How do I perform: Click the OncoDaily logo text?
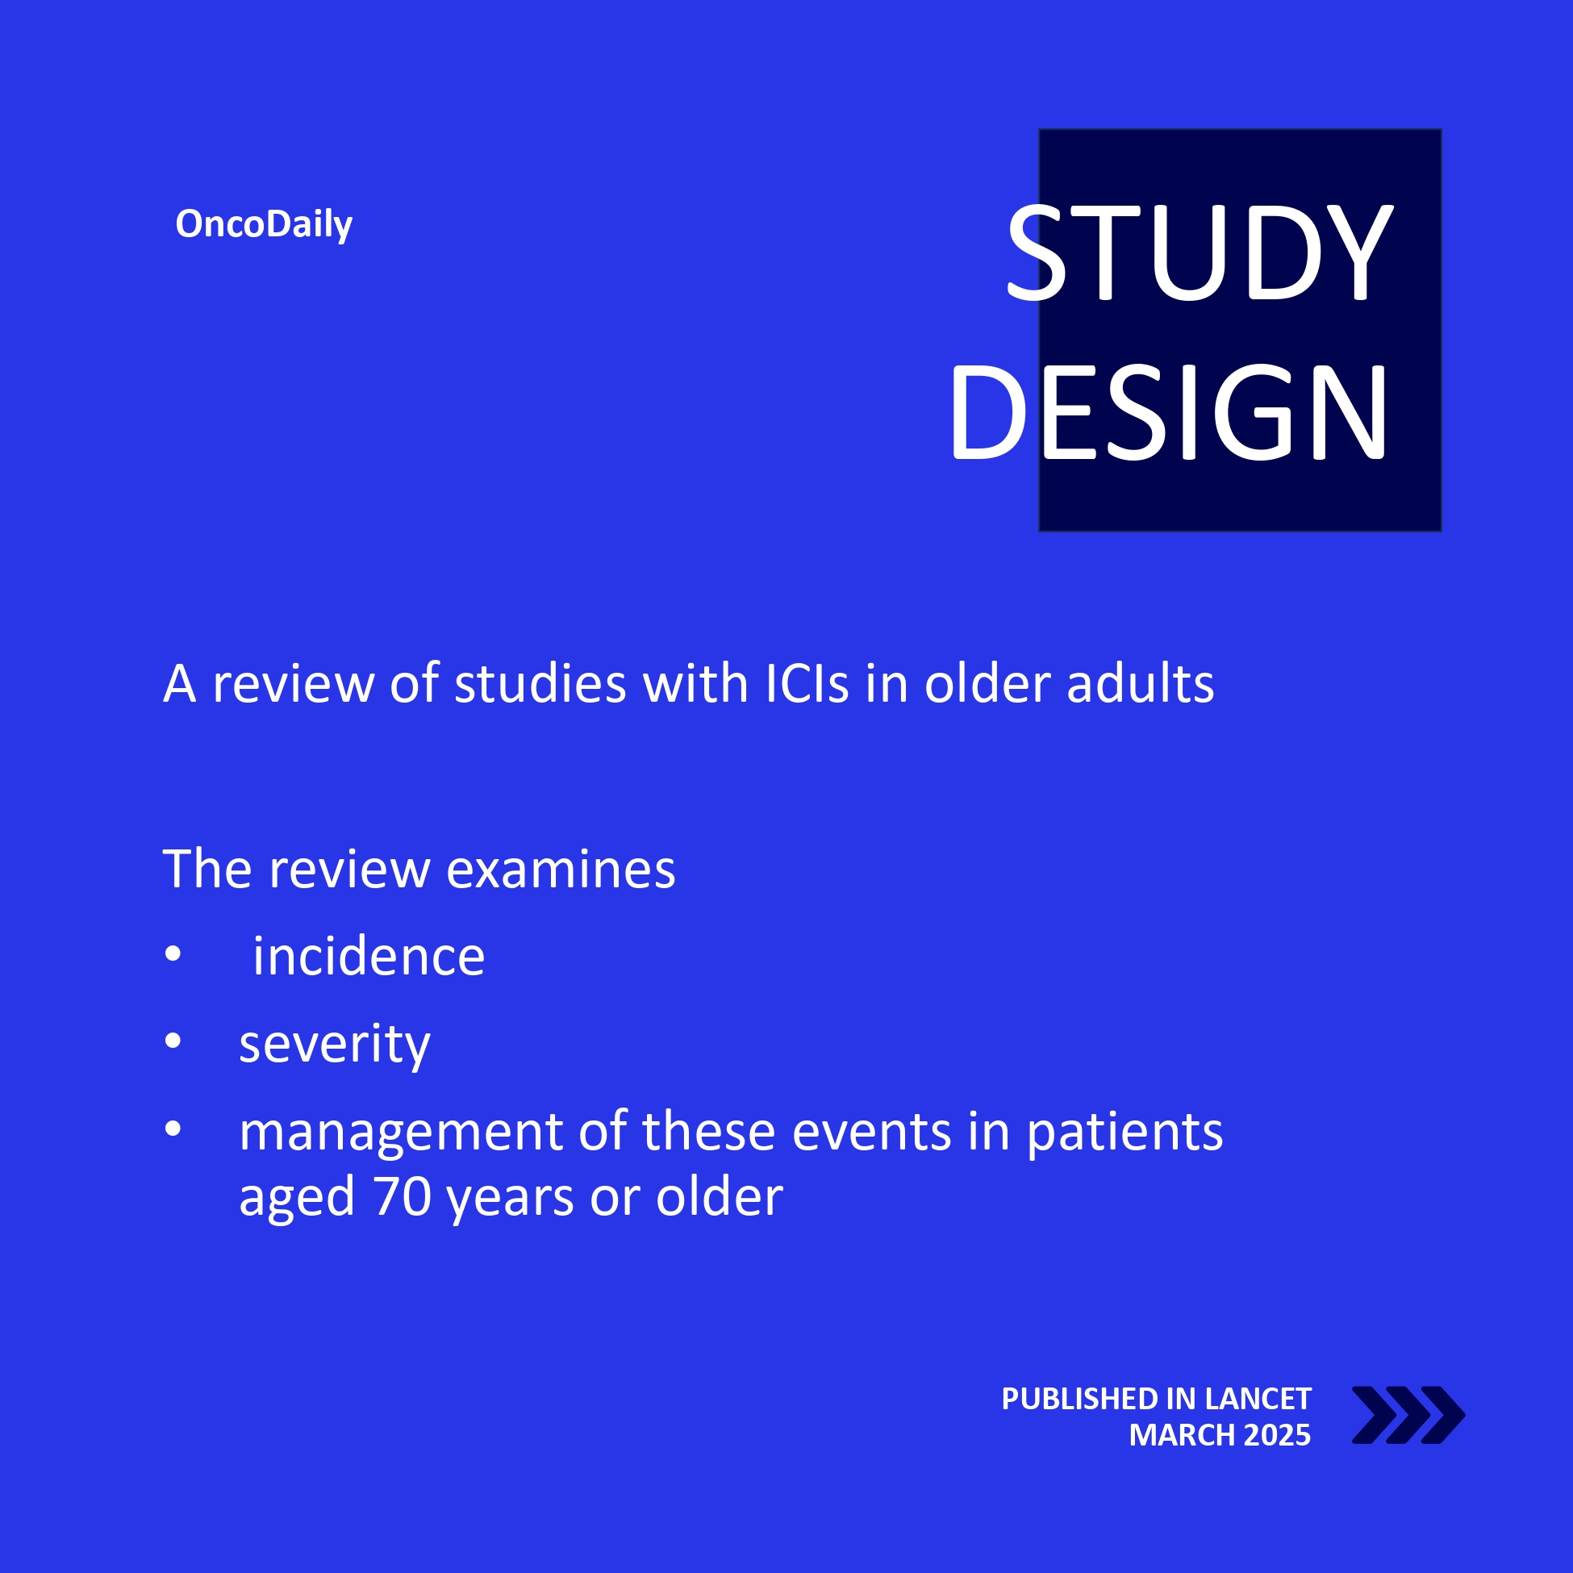coord(264,224)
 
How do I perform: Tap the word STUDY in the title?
coord(1200,252)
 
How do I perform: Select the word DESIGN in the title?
coord(1168,412)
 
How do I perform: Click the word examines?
coord(561,869)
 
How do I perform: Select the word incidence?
coord(369,956)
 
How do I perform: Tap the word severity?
coord(335,1045)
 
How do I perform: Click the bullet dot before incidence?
coord(173,954)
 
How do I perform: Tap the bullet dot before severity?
coord(173,1041)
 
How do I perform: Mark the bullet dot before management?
coord(173,1129)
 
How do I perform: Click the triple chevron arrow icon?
coord(1408,1415)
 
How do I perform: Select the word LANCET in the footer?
coord(1258,1399)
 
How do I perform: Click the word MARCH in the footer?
coord(1182,1435)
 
